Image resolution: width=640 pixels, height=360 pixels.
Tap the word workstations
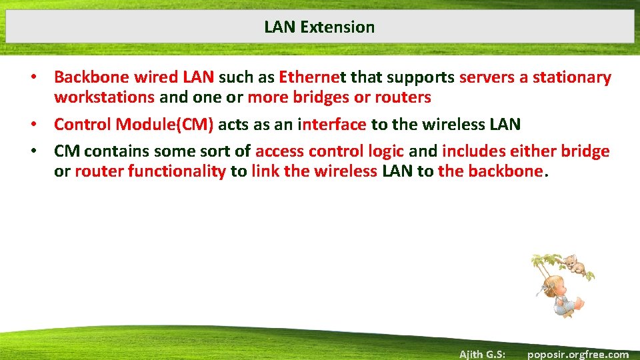point(104,97)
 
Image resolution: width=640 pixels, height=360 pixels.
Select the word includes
point(472,151)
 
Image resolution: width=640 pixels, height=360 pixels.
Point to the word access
point(279,151)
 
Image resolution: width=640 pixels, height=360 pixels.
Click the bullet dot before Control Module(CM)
point(33,125)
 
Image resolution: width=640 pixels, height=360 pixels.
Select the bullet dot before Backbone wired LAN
point(33,78)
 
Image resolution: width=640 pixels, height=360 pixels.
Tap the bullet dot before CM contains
point(33,152)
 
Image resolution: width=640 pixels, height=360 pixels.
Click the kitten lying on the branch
point(575,267)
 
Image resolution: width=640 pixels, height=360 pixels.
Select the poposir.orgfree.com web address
point(577,354)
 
